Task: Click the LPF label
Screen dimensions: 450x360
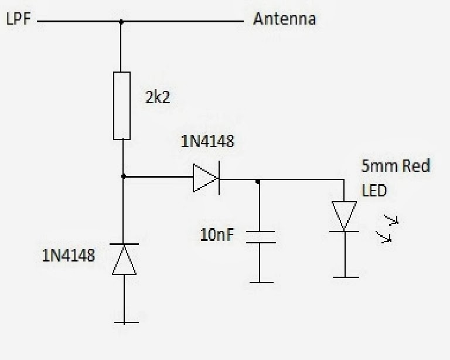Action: coord(18,19)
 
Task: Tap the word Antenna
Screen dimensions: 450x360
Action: coord(285,19)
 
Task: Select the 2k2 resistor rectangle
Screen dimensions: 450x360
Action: coord(122,106)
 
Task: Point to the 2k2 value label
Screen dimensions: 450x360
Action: coord(158,97)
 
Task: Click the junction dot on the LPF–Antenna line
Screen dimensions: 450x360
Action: coord(121,22)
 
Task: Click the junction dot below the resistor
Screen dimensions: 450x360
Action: coord(124,176)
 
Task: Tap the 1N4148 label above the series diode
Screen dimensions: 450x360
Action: coord(207,141)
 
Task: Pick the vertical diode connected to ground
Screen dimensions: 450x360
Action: coord(124,259)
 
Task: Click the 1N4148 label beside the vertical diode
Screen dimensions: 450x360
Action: coord(69,256)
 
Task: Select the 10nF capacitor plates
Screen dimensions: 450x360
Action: coord(261,237)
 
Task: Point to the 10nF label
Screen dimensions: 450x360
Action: coord(217,235)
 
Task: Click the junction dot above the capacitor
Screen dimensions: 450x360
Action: coord(258,182)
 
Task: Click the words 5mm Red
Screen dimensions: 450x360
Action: coord(396,166)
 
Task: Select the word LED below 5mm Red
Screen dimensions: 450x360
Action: coord(374,191)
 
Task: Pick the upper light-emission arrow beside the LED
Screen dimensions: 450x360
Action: coord(391,220)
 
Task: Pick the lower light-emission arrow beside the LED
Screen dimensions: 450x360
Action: coord(384,237)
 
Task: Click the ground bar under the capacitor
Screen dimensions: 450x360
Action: coord(261,283)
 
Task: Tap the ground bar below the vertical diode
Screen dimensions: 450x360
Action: coord(127,322)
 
